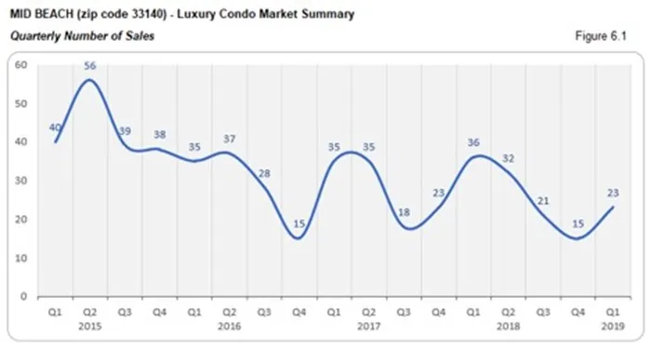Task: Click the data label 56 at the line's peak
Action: tap(90, 66)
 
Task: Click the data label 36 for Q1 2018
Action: tap(475, 142)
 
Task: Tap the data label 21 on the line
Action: tap(543, 201)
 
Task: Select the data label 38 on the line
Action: tap(160, 135)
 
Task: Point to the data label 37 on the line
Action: tap(230, 140)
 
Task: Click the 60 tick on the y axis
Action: tap(20, 64)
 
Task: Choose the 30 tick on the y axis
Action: tap(20, 180)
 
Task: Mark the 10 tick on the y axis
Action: tap(20, 258)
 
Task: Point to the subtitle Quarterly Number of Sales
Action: tap(82, 36)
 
